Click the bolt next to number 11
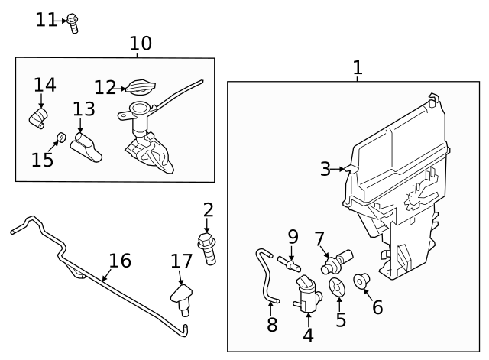[73, 22]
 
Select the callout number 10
[140, 44]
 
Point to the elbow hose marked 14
[39, 116]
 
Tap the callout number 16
[120, 261]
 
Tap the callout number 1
[357, 68]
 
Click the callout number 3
[325, 169]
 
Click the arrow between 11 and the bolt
[63, 21]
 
